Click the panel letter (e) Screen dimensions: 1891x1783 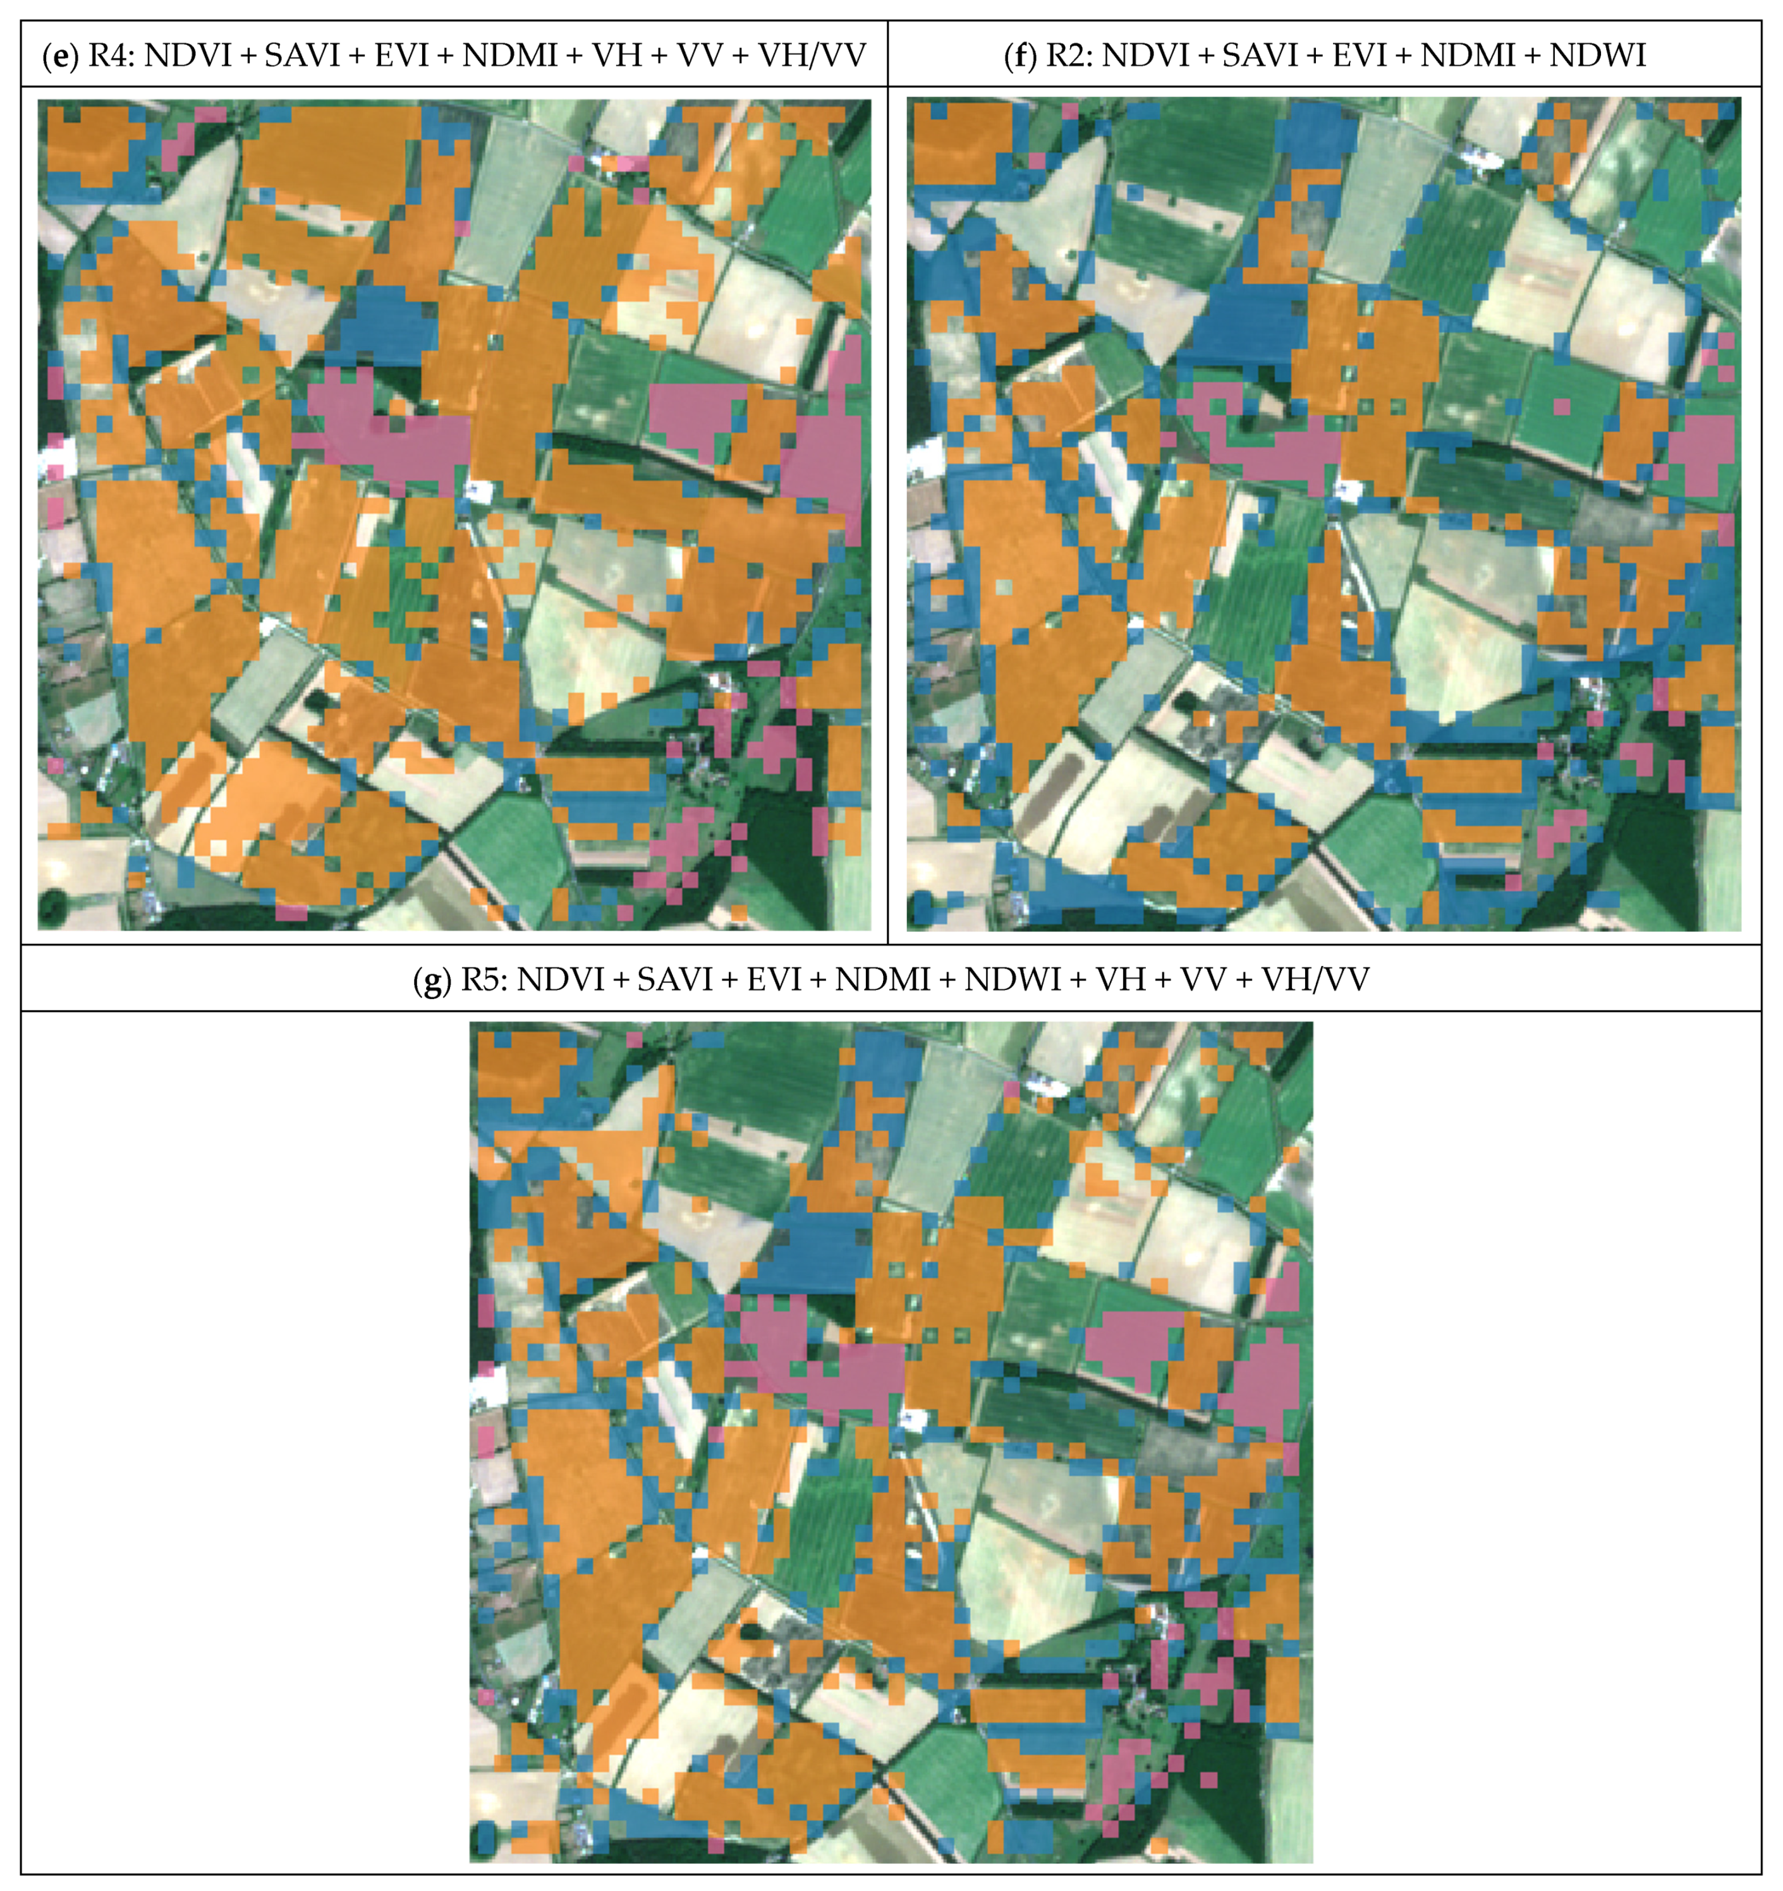tap(60, 55)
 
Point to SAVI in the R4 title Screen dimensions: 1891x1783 tap(301, 55)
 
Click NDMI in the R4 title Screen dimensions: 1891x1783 tap(510, 55)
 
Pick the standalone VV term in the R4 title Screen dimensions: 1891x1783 tap(698, 55)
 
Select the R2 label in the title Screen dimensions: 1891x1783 tap(1068, 55)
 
